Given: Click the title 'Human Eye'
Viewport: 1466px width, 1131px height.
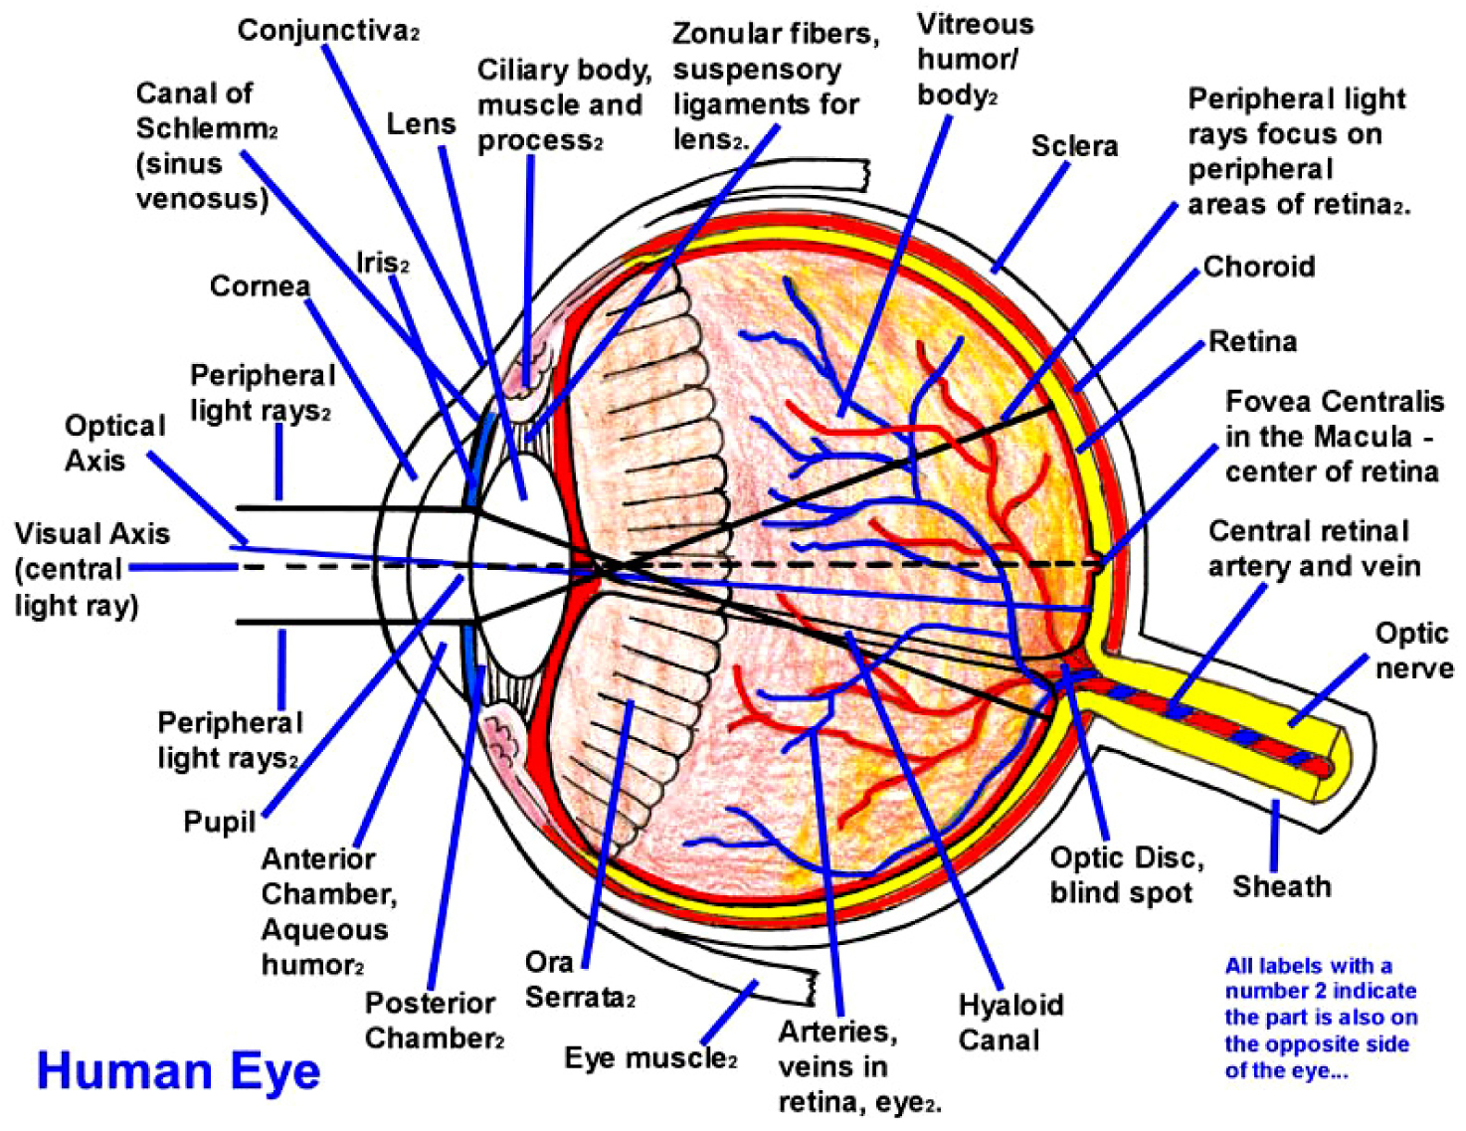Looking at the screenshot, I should [x=178, y=1072].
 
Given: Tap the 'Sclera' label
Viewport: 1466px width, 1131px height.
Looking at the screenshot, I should [x=1073, y=146].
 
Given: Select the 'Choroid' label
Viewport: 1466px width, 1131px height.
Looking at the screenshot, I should [x=1258, y=267].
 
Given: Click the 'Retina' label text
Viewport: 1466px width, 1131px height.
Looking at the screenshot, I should [x=1252, y=342].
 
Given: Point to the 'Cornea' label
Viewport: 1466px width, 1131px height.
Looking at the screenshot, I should [x=260, y=286].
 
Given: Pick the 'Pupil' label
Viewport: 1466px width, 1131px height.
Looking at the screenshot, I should [x=219, y=823].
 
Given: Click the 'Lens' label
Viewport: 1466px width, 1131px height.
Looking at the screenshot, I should [x=421, y=124].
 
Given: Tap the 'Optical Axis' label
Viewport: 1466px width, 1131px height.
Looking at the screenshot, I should [x=113, y=443].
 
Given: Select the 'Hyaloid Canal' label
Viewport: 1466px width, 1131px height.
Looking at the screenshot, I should [x=1009, y=1022].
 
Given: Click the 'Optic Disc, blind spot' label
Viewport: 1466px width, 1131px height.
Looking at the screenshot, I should [x=1126, y=874].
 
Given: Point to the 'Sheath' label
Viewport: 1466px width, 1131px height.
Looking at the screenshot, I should [x=1281, y=886].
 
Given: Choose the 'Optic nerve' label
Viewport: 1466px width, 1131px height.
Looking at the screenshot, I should [x=1412, y=651].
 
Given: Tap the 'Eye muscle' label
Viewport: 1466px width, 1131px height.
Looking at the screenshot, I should [x=649, y=1057].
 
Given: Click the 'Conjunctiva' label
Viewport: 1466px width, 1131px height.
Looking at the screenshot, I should [x=327, y=31].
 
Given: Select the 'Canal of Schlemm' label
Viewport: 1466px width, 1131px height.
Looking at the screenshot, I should [x=205, y=146].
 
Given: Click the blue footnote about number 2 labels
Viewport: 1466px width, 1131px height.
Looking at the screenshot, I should [x=1320, y=1018].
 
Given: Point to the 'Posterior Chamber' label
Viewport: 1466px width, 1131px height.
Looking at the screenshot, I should [x=434, y=1020].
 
